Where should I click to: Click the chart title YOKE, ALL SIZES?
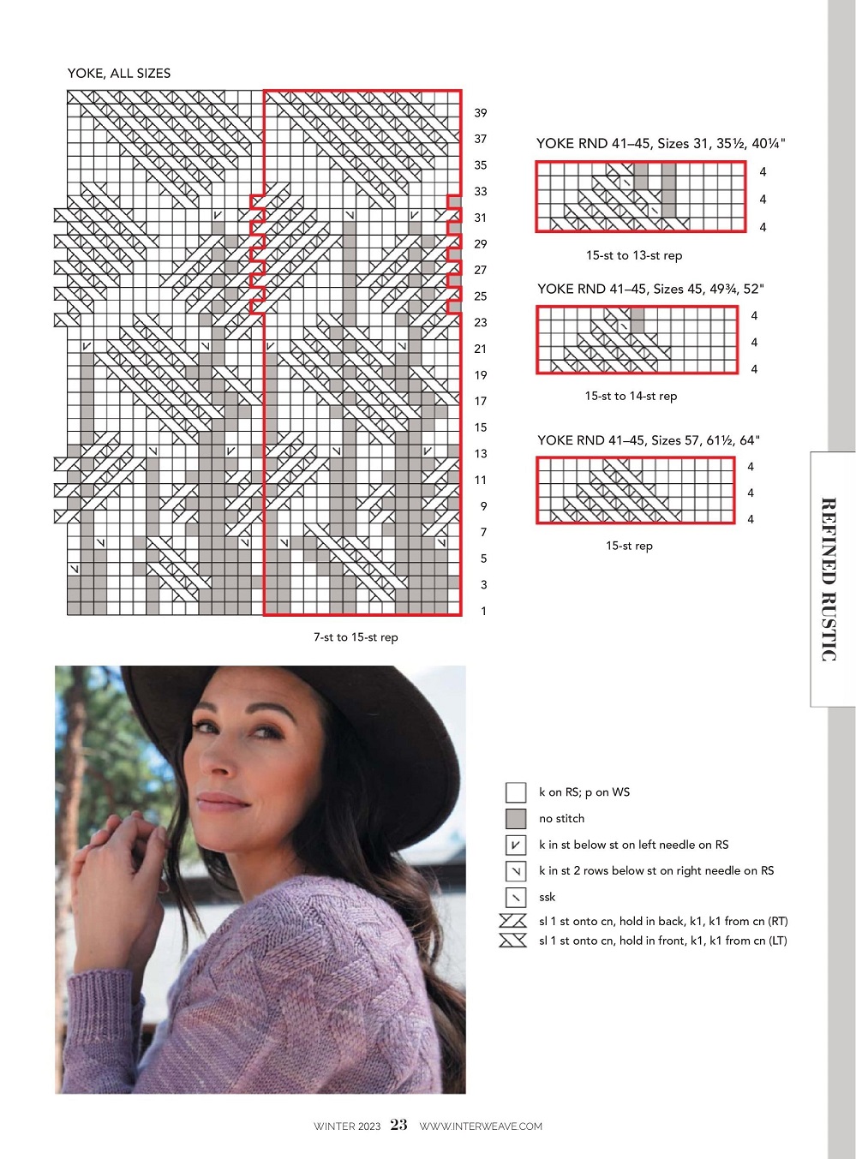(x=119, y=73)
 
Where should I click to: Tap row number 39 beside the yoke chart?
(x=480, y=113)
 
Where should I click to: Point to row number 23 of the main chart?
(x=480, y=322)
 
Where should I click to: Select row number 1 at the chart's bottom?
(x=483, y=611)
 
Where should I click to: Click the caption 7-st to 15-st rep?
(x=356, y=637)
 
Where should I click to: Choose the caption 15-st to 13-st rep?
(x=634, y=255)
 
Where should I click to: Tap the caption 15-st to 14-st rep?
(x=631, y=396)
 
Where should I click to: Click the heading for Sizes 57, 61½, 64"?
(x=649, y=440)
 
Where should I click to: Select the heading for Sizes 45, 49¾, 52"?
(x=650, y=289)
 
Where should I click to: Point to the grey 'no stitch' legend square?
(x=516, y=818)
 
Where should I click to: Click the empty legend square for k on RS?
(x=516, y=792)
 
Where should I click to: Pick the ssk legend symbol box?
(x=516, y=897)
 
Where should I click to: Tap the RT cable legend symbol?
(x=512, y=921)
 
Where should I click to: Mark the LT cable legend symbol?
(x=512, y=941)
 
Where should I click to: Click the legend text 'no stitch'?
(x=561, y=818)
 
